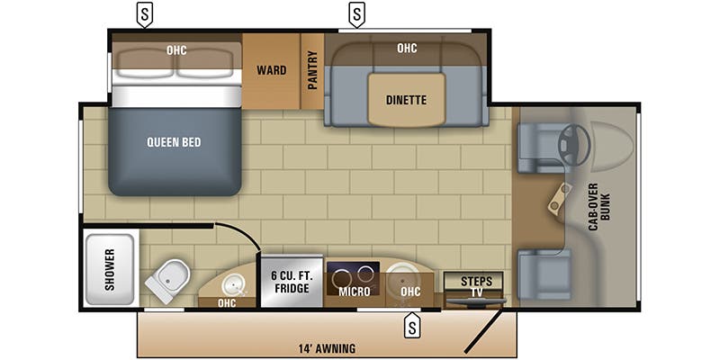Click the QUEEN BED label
click(174, 142)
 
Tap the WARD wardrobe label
click(271, 70)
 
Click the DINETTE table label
click(406, 100)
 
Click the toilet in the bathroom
click(170, 280)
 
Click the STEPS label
click(476, 281)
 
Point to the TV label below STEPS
click(476, 293)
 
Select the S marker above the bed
click(143, 14)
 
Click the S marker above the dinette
click(357, 14)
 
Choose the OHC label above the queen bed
click(176, 50)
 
